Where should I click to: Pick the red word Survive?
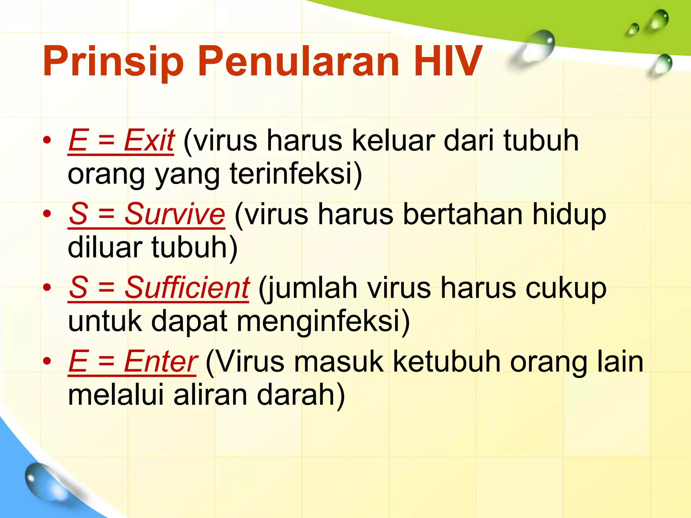[x=174, y=214]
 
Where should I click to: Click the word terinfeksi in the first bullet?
[x=296, y=174]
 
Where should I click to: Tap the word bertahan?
[x=462, y=214]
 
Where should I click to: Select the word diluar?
[x=105, y=248]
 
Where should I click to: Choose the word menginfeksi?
[x=323, y=321]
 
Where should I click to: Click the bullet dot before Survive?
[x=47, y=214]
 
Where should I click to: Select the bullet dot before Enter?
[x=47, y=362]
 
